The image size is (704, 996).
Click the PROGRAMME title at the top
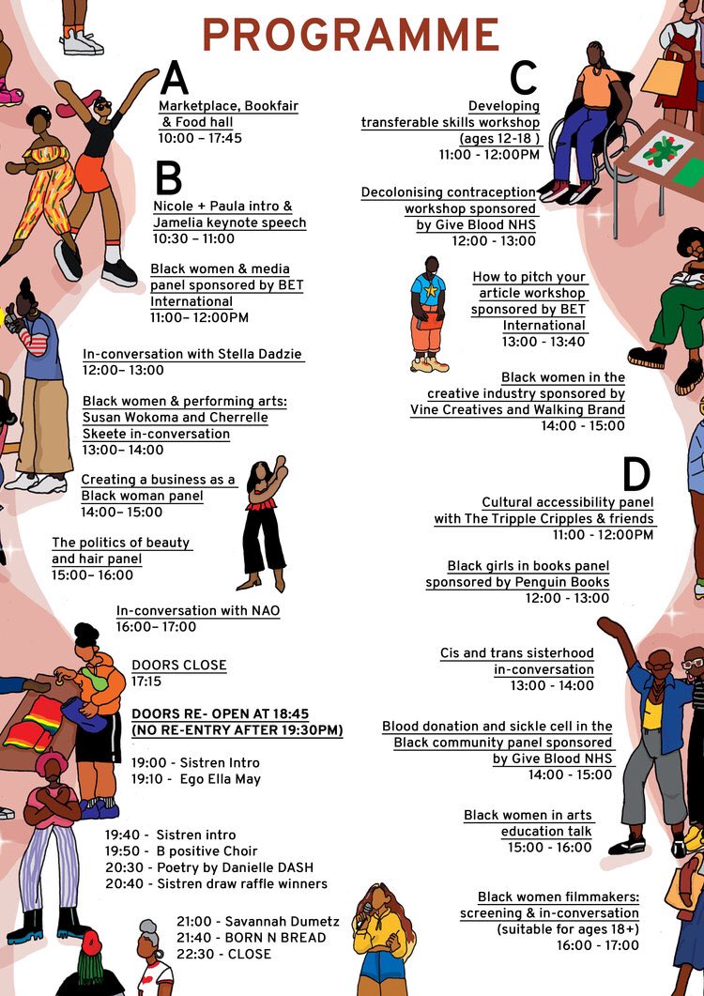351,36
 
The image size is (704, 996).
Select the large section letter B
169,177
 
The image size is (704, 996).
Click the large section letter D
636,475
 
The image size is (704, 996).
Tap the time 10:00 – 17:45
200,137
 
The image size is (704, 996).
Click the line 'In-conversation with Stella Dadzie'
193,355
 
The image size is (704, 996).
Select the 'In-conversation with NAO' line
198,611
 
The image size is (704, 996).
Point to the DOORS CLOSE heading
179,666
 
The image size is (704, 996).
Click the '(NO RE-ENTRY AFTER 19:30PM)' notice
237,730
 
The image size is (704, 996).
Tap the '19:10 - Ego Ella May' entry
196,779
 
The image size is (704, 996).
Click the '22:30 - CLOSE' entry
223,955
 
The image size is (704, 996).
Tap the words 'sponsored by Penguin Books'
517,582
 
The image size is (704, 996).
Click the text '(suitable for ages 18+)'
568,929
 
